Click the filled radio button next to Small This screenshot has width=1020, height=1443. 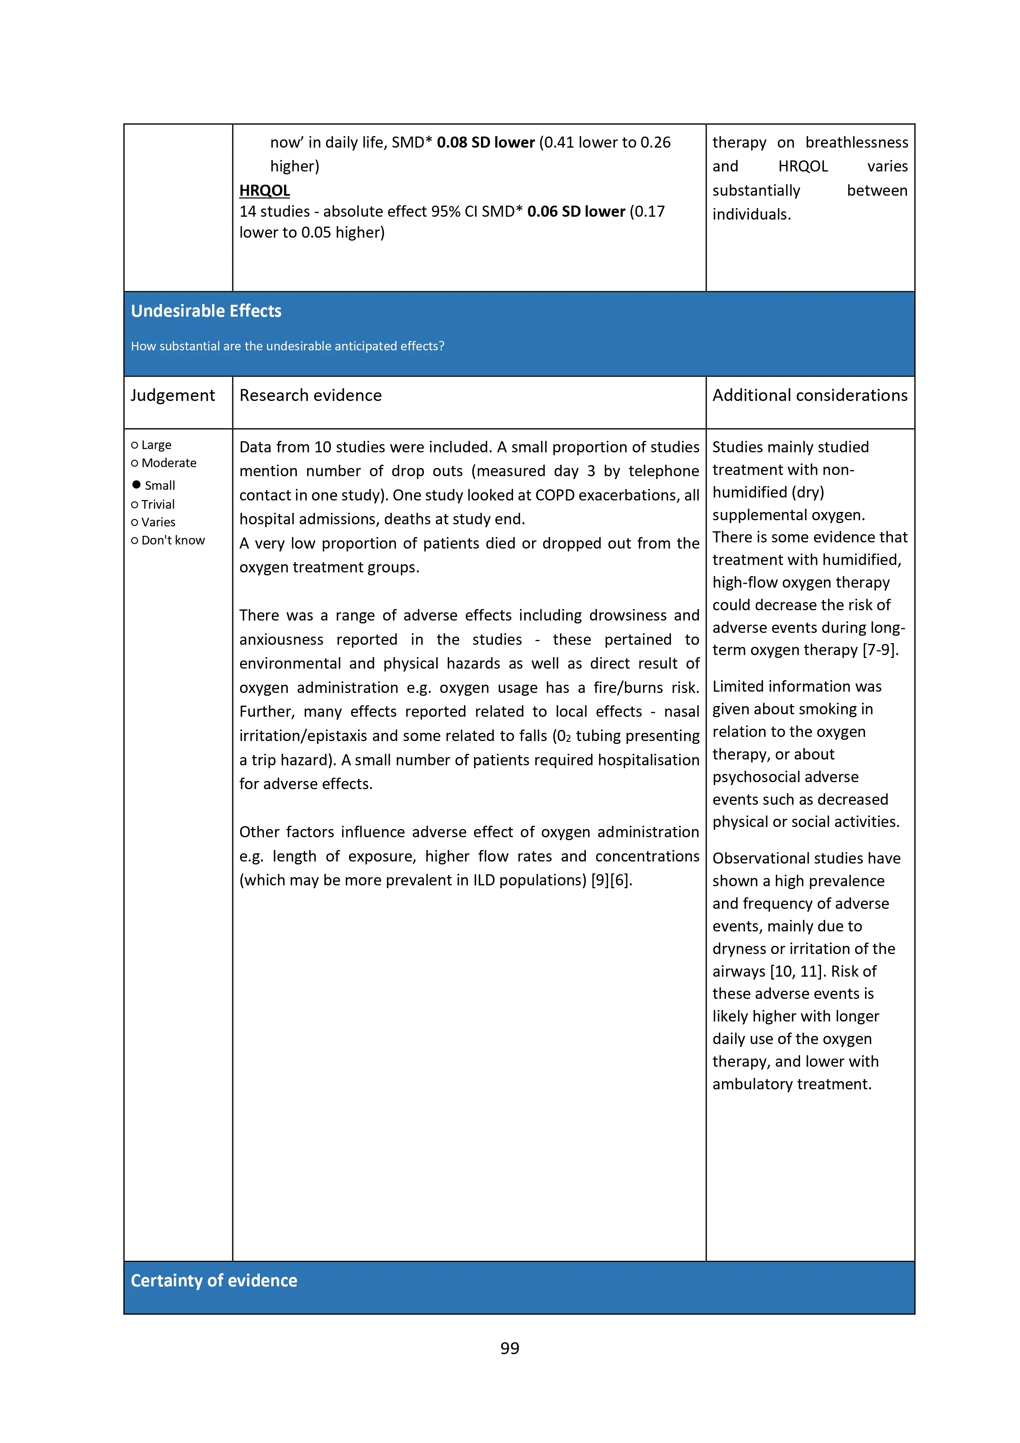click(136, 484)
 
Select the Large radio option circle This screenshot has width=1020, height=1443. click(134, 445)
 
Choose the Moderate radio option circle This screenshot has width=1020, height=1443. click(134, 463)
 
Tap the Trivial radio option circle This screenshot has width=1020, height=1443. click(134, 505)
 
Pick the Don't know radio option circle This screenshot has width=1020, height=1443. click(134, 540)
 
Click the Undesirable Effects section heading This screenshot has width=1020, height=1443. click(206, 311)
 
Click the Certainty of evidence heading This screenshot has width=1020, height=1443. click(214, 1280)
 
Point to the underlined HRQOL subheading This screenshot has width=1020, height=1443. click(265, 190)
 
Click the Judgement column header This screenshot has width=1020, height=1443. click(173, 395)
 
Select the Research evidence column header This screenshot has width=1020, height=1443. click(310, 395)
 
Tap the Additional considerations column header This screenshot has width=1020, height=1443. click(810, 395)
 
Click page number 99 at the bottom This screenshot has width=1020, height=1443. click(510, 1348)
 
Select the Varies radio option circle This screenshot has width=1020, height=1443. click(134, 522)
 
